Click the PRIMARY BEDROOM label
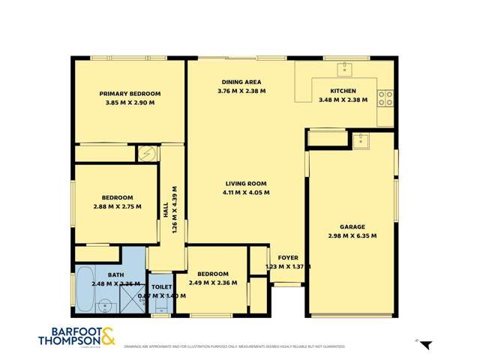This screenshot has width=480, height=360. pyautogui.click(x=130, y=94)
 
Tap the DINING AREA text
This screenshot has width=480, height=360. pyautogui.click(x=241, y=82)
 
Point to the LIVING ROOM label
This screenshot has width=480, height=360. pyautogui.click(x=246, y=183)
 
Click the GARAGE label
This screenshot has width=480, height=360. pyautogui.click(x=352, y=226)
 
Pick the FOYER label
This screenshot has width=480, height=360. pyautogui.click(x=288, y=257)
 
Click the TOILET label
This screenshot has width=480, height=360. pyautogui.click(x=161, y=286)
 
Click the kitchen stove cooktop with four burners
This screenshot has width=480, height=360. pyautogui.click(x=385, y=97)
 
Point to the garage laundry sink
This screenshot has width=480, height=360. pyautogui.click(x=362, y=139)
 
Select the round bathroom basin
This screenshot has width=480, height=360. pyautogui.click(x=105, y=305)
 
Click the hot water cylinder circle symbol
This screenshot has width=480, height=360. pyautogui.click(x=148, y=153)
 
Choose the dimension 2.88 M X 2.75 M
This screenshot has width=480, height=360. pyautogui.click(x=118, y=206)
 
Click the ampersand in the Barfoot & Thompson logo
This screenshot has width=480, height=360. pyautogui.click(x=106, y=336)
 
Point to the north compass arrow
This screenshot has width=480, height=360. pyautogui.click(x=425, y=344)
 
